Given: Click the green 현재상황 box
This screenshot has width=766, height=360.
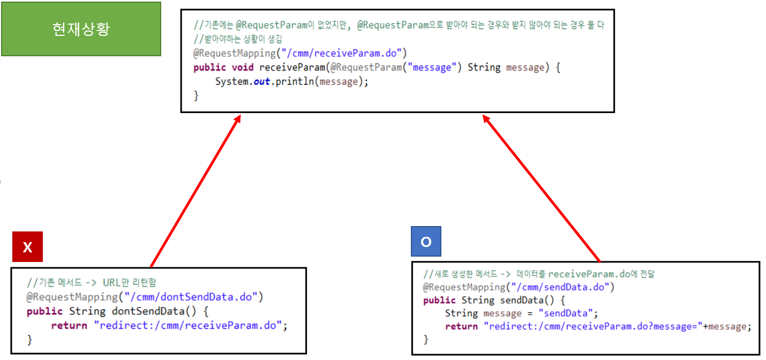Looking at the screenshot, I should point(81,29).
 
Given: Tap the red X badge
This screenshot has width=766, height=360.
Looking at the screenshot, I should point(27,247).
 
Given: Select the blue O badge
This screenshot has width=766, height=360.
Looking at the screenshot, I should point(426,242).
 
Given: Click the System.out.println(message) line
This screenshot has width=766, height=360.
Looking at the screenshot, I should point(292,82).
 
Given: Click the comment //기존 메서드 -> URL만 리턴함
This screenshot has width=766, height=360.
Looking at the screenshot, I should point(92,282).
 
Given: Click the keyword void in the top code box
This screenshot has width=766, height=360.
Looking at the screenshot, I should point(243,68).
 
